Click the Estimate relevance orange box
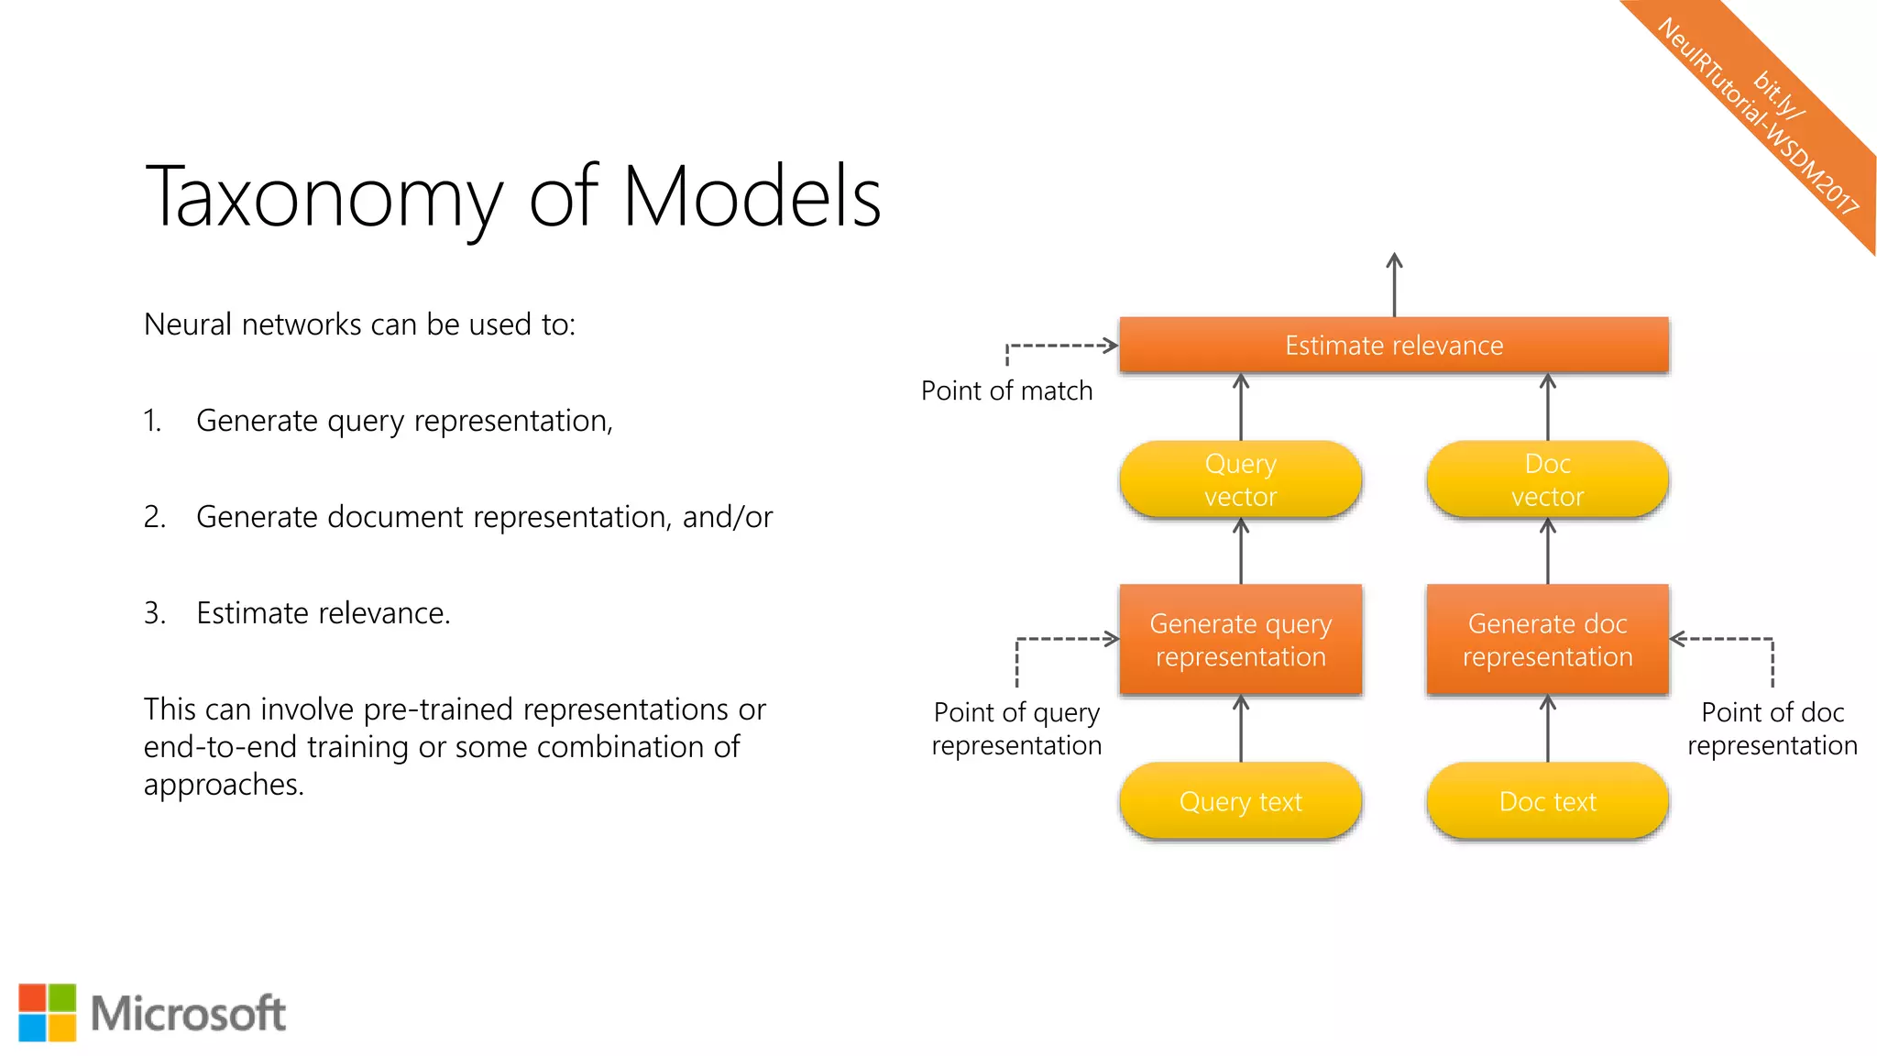pyautogui.click(x=1393, y=346)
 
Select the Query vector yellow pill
pyautogui.click(x=1240, y=480)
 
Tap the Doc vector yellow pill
pyautogui.click(x=1547, y=480)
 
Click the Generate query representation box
pyautogui.click(x=1240, y=640)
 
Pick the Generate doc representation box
pyautogui.click(x=1547, y=640)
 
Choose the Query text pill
pyautogui.click(x=1240, y=801)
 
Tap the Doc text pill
pyautogui.click(x=1547, y=801)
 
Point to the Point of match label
pyautogui.click(x=1006, y=391)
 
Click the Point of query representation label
pyautogui.click(x=1016, y=729)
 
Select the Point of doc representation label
pyautogui.click(x=1772, y=729)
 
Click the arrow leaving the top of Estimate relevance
pyautogui.click(x=1394, y=284)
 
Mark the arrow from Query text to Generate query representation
pyautogui.click(x=1241, y=729)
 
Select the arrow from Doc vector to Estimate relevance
pyautogui.click(x=1548, y=407)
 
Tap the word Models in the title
pyautogui.click(x=752, y=196)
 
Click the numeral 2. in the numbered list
pyautogui.click(x=154, y=517)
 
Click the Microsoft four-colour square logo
pyautogui.click(x=48, y=1013)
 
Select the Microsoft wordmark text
pyautogui.click(x=189, y=1014)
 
